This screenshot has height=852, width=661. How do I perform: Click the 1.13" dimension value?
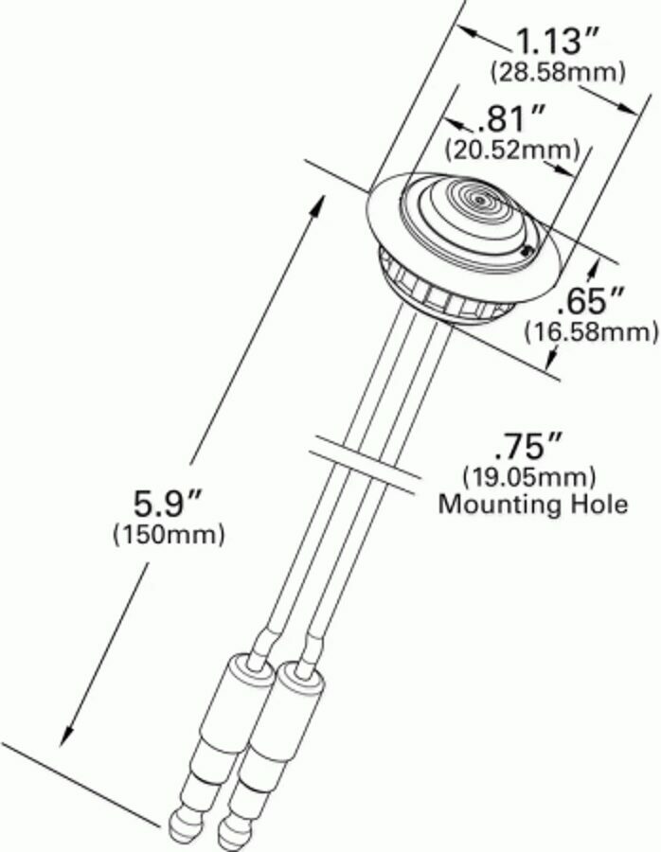558,42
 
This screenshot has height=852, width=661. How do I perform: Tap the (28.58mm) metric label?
558,71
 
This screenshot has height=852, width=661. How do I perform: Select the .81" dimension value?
512,120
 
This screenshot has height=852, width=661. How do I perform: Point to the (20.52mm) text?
512,149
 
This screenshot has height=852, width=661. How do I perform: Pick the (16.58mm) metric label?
592,330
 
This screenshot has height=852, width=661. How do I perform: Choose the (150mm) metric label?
170,535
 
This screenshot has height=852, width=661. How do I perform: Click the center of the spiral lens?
482,201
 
